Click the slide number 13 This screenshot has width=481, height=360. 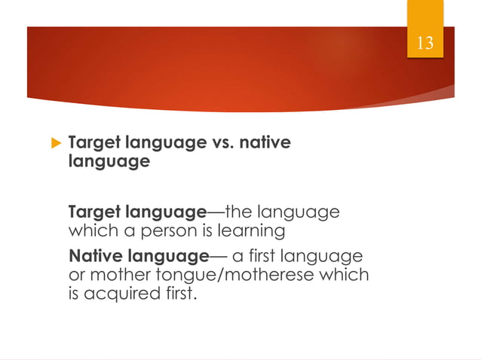click(425, 43)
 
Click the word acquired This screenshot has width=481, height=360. click(120, 293)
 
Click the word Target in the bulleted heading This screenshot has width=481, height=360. click(93, 142)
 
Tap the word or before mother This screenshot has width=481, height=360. click(76, 274)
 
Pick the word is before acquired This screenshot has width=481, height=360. click(75, 293)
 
